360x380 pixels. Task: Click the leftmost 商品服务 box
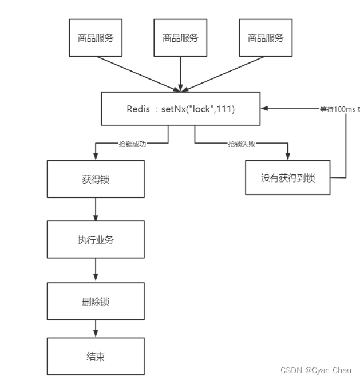pos(96,38)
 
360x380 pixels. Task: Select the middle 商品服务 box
pos(180,38)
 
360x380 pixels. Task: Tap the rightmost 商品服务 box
pos(265,38)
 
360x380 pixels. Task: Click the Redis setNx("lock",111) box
pos(180,108)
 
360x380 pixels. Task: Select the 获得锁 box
pos(96,179)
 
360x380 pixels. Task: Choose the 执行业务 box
pos(96,239)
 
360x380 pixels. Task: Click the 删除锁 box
pos(96,301)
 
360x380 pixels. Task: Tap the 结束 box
pos(96,357)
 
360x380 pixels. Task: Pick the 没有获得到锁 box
pos(287,178)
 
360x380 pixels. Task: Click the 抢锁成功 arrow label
pos(132,144)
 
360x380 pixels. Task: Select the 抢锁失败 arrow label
pos(241,144)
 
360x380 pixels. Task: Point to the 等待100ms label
pos(339,108)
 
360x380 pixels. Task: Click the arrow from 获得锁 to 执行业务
pos(96,209)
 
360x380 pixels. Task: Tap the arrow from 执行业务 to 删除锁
pos(96,270)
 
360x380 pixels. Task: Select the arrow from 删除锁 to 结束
pos(96,329)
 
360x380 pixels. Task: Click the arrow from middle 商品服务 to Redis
pos(180,73)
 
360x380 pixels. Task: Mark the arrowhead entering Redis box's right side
pos(263,108)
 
